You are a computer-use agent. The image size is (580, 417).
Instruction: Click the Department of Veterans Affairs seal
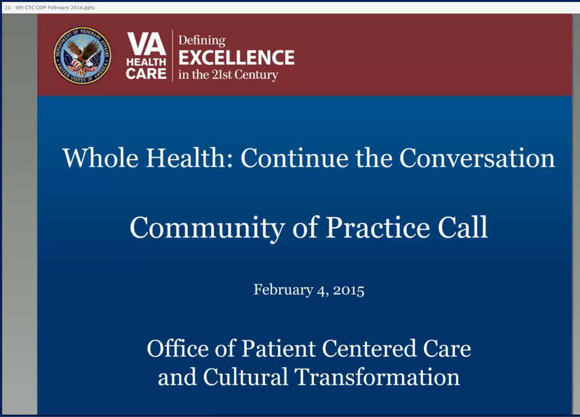82,56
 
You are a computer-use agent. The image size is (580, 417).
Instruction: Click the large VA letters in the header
146,43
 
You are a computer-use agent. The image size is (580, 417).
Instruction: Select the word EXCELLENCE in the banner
236,58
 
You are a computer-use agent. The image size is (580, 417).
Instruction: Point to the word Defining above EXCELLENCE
202,41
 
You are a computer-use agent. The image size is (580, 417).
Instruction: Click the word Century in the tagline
256,75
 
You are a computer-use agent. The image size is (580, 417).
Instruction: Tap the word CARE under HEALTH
146,74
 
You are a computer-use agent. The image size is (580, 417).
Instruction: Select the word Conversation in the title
477,158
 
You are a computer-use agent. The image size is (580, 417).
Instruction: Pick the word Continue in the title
294,158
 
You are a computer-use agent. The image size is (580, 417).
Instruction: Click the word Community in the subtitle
207,228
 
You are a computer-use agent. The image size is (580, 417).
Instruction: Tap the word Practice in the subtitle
378,228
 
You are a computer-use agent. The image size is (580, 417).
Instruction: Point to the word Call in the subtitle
463,227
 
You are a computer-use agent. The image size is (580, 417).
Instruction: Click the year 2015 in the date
348,290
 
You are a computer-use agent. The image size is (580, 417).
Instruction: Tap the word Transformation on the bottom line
377,377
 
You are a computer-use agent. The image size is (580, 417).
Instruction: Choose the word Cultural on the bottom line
245,377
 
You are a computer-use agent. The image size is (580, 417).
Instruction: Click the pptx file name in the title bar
50,8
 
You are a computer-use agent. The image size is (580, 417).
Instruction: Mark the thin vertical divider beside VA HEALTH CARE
172,56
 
